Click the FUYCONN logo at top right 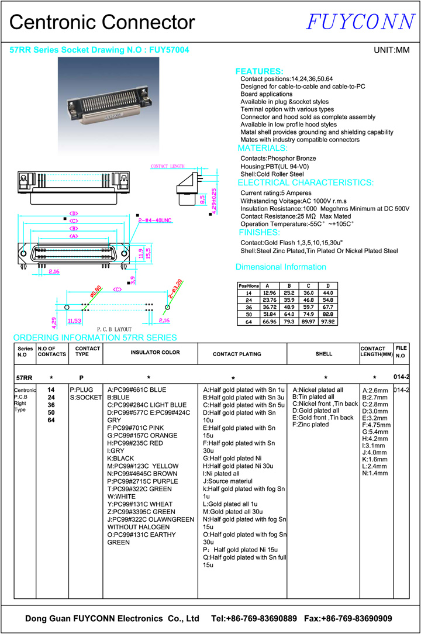click(360, 22)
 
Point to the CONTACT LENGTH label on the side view click(168, 167)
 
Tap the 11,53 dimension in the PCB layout click(74, 321)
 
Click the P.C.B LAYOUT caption click(114, 329)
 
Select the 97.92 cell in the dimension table click(332, 322)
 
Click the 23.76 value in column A click(270, 300)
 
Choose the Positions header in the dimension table click(249, 285)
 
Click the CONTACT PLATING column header click(237, 354)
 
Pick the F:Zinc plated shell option click(310, 425)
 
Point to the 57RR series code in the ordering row click(25, 378)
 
